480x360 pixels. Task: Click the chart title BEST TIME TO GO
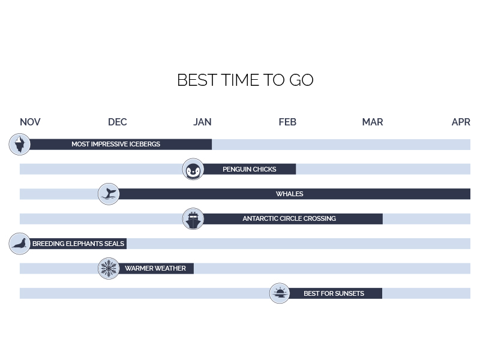click(x=245, y=80)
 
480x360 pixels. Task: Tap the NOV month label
click(x=30, y=122)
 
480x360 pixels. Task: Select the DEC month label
click(x=118, y=122)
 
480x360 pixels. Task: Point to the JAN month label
click(x=202, y=122)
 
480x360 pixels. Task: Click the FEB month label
click(x=287, y=122)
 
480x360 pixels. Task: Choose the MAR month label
click(x=373, y=122)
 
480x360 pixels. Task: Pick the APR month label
click(x=461, y=122)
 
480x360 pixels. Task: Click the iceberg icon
click(x=20, y=144)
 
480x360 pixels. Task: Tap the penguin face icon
click(x=193, y=169)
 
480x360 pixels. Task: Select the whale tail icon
click(x=109, y=194)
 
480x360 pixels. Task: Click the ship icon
click(x=193, y=219)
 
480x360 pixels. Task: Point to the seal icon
click(x=20, y=244)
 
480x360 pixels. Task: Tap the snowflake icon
click(x=109, y=268)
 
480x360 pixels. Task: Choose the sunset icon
click(x=280, y=293)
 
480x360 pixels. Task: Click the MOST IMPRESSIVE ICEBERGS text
click(x=116, y=144)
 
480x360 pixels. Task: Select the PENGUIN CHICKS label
click(x=250, y=169)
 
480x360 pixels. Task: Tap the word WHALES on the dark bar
click(x=290, y=194)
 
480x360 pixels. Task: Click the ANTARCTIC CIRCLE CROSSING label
click(x=289, y=218)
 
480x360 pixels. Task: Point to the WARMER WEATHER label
click(x=155, y=268)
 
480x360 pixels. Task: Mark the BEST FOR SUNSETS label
click(x=334, y=293)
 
